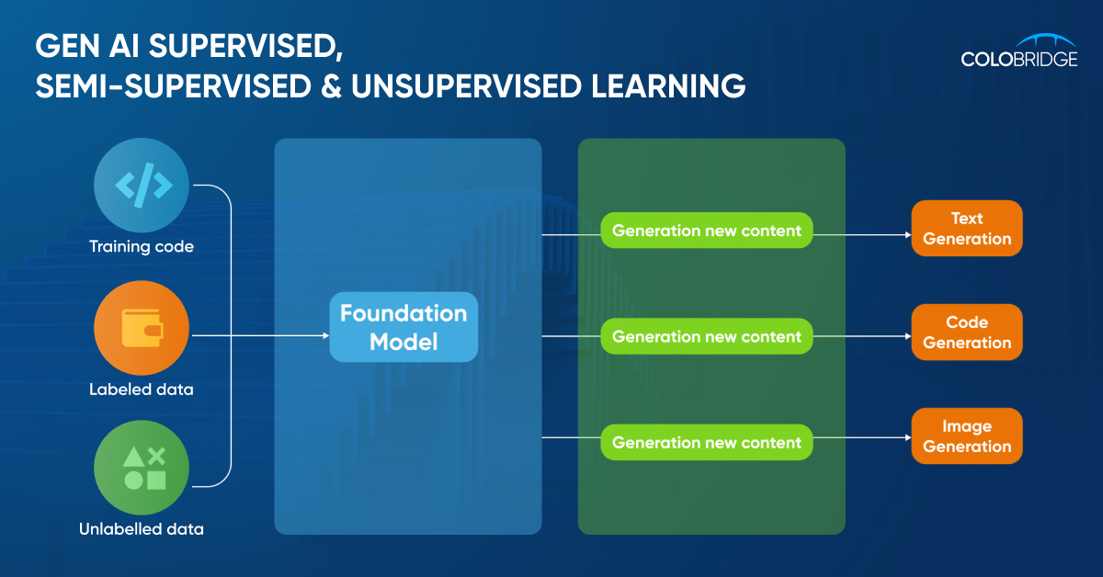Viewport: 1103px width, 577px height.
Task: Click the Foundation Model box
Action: pyautogui.click(x=404, y=327)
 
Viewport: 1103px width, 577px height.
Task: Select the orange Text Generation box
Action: pyautogui.click(x=967, y=228)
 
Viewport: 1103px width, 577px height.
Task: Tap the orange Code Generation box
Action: pyautogui.click(x=967, y=332)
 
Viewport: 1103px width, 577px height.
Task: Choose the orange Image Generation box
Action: pyautogui.click(x=967, y=436)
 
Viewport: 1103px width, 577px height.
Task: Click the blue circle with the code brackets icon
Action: pyautogui.click(x=142, y=186)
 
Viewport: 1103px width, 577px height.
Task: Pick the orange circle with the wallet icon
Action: pyautogui.click(x=142, y=328)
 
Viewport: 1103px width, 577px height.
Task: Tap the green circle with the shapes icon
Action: pyautogui.click(x=142, y=467)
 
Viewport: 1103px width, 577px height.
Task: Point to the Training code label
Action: pyautogui.click(x=142, y=246)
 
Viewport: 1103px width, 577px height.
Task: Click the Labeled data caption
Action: pyautogui.click(x=142, y=389)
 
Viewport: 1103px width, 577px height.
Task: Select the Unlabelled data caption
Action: pyautogui.click(x=142, y=528)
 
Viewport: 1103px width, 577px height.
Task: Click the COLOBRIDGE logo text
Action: pyautogui.click(x=1019, y=59)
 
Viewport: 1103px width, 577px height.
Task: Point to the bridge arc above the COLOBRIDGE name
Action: pyautogui.click(x=1019, y=40)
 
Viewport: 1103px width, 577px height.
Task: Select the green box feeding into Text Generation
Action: pyautogui.click(x=707, y=231)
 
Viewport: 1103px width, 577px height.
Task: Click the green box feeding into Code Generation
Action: pyautogui.click(x=707, y=336)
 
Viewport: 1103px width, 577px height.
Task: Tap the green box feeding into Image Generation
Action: pyautogui.click(x=707, y=442)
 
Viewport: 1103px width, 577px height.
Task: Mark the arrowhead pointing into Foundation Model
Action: pyautogui.click(x=324, y=336)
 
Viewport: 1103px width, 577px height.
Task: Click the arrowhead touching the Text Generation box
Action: pyautogui.click(x=906, y=234)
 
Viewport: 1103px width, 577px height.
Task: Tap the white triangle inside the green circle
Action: pyautogui.click(x=133, y=457)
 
